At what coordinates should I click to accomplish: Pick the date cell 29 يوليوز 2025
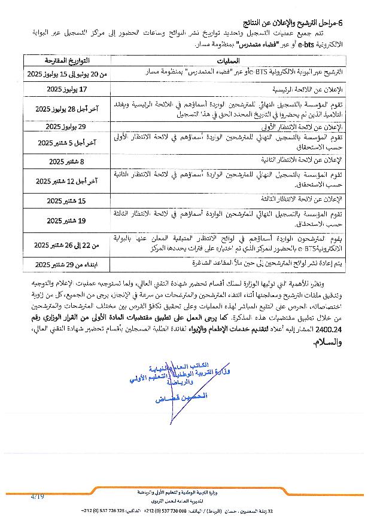click(67, 127)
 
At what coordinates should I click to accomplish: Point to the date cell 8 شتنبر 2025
click(67, 161)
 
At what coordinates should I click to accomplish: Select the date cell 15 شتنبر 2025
click(67, 200)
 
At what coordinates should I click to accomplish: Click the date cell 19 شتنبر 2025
click(67, 220)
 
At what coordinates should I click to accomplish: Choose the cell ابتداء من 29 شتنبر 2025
click(67, 264)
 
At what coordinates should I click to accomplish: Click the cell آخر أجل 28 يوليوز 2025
click(67, 109)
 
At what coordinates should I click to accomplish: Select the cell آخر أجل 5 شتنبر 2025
click(67, 143)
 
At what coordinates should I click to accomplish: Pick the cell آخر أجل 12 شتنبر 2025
click(67, 181)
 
